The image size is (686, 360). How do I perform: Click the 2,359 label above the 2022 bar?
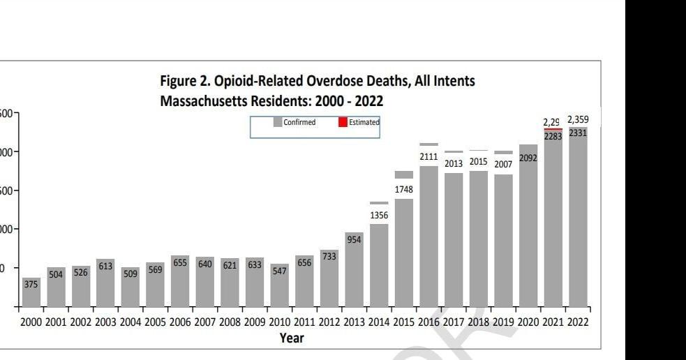coord(578,120)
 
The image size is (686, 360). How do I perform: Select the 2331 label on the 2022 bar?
coord(578,133)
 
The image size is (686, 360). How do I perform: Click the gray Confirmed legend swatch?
coord(278,122)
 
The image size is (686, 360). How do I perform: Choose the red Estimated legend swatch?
coord(343,122)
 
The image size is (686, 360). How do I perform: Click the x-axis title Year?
coord(290,338)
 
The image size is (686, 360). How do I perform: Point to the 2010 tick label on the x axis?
coord(280,322)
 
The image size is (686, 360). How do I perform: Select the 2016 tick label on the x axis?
coord(429,322)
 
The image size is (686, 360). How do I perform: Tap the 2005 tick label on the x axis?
coord(156,322)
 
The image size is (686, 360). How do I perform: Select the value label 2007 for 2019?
coord(503,164)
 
